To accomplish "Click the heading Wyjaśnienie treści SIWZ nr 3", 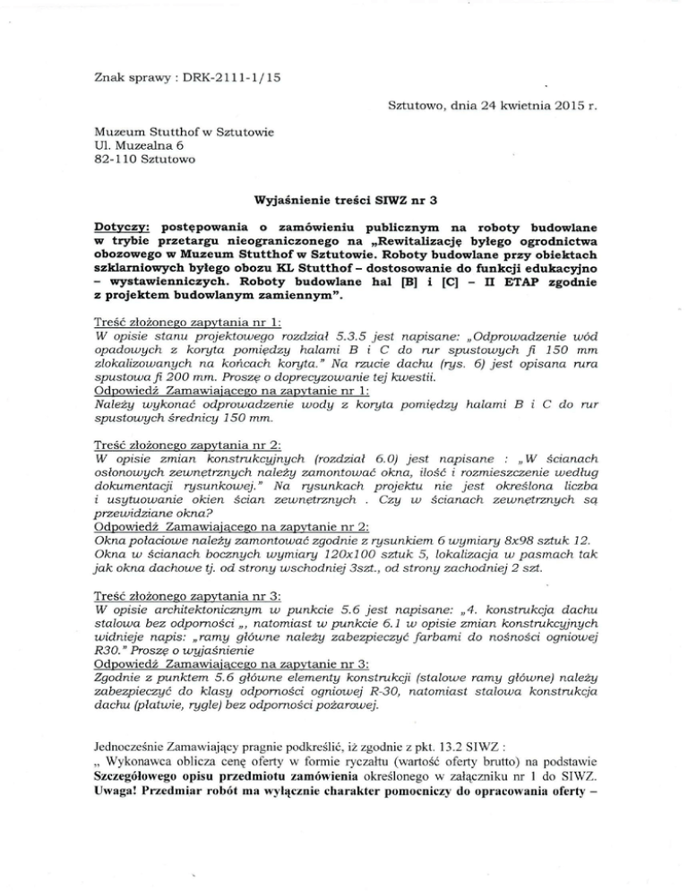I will (344, 203).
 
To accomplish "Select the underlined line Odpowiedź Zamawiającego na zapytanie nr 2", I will (211, 528).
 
